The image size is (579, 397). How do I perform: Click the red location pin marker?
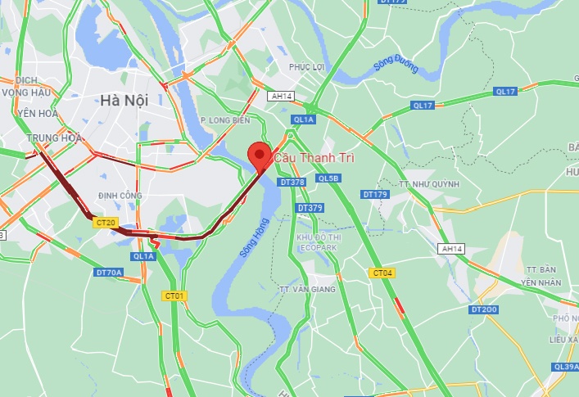[x=260, y=155]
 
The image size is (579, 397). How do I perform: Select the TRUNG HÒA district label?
[x=53, y=138]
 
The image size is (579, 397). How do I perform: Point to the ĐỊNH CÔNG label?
[x=120, y=196]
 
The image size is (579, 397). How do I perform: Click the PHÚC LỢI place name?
[x=308, y=66]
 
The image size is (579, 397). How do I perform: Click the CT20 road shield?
[x=106, y=223]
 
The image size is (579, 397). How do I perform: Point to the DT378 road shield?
[x=291, y=182]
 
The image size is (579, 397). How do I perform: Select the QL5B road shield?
[x=328, y=178]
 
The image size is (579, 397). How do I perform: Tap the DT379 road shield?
[x=311, y=208]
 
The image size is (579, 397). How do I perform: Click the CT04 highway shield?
[x=382, y=273]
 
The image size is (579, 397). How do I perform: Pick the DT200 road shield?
[x=484, y=309]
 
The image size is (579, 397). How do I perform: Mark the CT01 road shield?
[x=174, y=295]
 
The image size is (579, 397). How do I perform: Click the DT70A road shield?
[x=109, y=272]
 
